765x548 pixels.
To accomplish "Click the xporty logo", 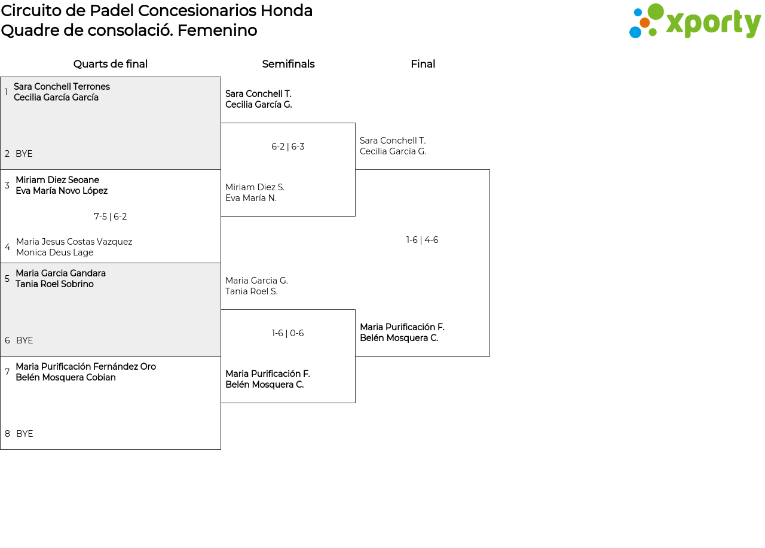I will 694,22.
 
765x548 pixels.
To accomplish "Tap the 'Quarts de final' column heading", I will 111,64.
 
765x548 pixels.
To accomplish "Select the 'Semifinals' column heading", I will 288,64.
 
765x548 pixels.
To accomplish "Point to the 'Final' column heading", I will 423,64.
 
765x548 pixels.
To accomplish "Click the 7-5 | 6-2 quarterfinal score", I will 111,217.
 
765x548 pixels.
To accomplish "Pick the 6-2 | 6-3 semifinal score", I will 288,147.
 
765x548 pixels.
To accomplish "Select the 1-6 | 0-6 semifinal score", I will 288,333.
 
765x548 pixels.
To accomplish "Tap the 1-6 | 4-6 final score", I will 423,240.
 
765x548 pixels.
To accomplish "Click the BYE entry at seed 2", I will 24,154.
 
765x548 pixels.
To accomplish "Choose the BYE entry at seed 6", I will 25,340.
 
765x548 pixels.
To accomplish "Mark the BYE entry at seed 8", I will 25,434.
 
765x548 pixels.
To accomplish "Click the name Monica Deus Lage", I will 54,252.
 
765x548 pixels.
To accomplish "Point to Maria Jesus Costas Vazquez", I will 74,242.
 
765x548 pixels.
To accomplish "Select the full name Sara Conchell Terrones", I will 62,87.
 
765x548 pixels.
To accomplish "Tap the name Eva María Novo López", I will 62,191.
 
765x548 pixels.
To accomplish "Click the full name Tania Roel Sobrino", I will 54,284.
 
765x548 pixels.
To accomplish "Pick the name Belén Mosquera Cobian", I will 66,377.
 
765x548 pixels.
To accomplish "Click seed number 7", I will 7,372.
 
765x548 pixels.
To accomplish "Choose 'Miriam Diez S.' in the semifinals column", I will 255,187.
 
